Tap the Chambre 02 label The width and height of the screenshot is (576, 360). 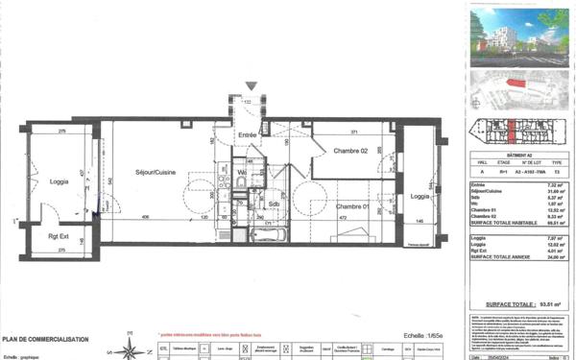tap(351, 152)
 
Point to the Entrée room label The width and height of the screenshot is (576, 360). tap(248, 135)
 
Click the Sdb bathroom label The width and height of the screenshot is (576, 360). tap(274, 204)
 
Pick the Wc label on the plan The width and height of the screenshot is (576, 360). tap(243, 173)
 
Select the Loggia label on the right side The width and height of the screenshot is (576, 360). tap(420, 196)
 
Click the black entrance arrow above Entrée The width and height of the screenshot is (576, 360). tap(252, 86)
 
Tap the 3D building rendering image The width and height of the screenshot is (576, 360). tap(518, 36)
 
